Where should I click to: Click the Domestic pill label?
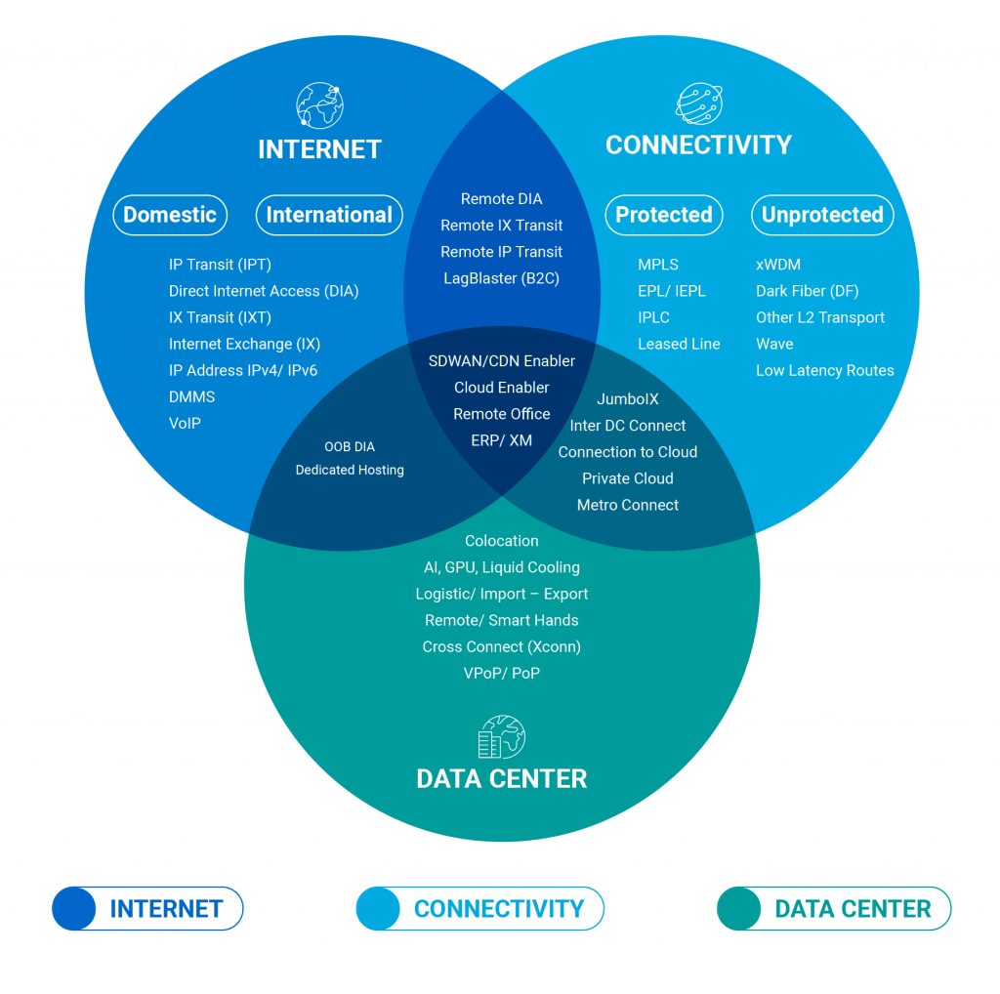[x=170, y=215]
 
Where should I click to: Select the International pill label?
[x=329, y=215]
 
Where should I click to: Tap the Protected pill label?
[x=664, y=215]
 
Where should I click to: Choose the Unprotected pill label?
[x=822, y=215]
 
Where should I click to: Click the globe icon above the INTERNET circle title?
[x=320, y=104]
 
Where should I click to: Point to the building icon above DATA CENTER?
[x=501, y=738]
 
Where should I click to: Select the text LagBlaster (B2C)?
[x=501, y=278]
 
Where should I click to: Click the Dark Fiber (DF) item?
[x=807, y=291]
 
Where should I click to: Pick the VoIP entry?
[x=185, y=424]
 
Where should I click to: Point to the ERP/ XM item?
[x=501, y=440]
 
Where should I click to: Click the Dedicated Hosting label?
[x=350, y=470]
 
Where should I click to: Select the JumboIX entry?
[x=628, y=399]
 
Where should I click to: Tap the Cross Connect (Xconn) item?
[x=501, y=646]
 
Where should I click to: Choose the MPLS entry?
[x=658, y=265]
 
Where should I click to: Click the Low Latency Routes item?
[x=824, y=370]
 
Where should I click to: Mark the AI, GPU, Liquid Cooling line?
[x=501, y=567]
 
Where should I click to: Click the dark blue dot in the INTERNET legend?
[x=74, y=909]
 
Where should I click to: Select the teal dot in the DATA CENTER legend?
[x=738, y=909]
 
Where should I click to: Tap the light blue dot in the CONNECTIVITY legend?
[x=378, y=909]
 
